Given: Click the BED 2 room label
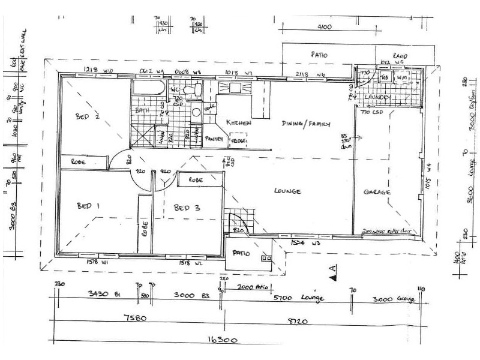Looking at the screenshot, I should pyautogui.click(x=88, y=116).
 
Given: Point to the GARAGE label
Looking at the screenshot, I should pyautogui.click(x=377, y=193).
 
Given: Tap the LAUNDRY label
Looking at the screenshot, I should pyautogui.click(x=378, y=97).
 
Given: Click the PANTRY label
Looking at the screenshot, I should pyautogui.click(x=214, y=139).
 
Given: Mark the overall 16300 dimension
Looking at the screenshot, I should pyautogui.click(x=223, y=340).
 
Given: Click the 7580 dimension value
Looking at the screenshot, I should pyautogui.click(x=133, y=319).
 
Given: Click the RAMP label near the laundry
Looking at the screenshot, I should pyautogui.click(x=400, y=56).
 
